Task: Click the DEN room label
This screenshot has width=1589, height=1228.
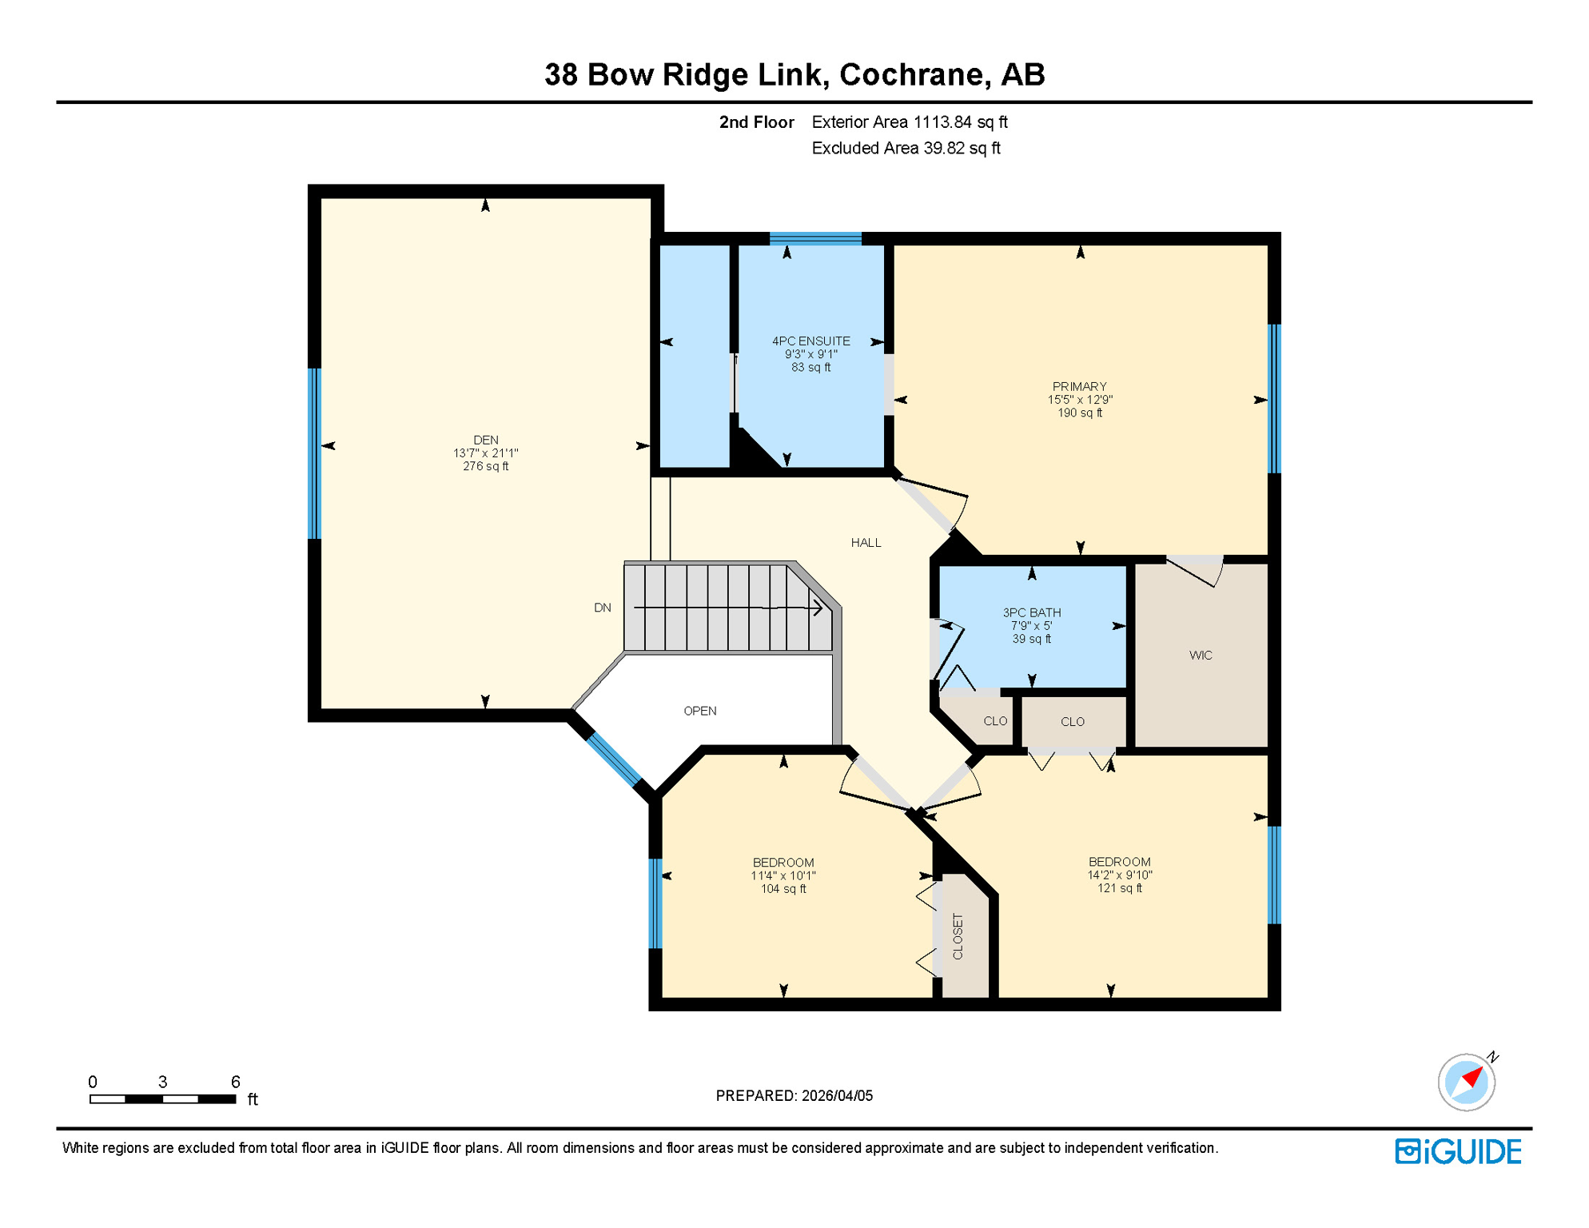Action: (x=485, y=440)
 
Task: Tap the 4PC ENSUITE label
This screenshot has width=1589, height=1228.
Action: (x=810, y=341)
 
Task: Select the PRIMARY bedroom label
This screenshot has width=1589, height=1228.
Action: (x=1079, y=386)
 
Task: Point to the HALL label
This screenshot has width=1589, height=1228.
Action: (x=866, y=543)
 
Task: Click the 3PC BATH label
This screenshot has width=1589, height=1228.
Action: (x=1031, y=612)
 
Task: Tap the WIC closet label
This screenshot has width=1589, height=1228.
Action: (x=1200, y=656)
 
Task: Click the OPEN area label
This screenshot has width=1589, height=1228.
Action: (x=699, y=711)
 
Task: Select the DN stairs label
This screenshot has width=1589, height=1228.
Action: (x=602, y=608)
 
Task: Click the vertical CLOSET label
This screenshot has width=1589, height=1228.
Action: (x=958, y=936)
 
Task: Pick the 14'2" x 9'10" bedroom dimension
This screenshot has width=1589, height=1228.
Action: (x=1119, y=875)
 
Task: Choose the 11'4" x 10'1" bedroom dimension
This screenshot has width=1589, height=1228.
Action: (x=783, y=876)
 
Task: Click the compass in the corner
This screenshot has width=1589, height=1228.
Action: (x=1466, y=1082)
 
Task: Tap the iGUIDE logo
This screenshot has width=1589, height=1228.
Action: (x=1458, y=1152)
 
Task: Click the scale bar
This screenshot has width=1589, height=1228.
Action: (x=162, y=1099)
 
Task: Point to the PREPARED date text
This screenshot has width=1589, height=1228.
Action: (x=794, y=1096)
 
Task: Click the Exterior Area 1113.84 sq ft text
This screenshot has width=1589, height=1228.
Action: (x=909, y=122)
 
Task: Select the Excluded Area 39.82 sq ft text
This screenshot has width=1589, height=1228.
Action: (x=906, y=149)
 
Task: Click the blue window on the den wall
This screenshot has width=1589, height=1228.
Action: (x=315, y=453)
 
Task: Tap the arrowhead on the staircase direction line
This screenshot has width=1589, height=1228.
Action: (x=818, y=608)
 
